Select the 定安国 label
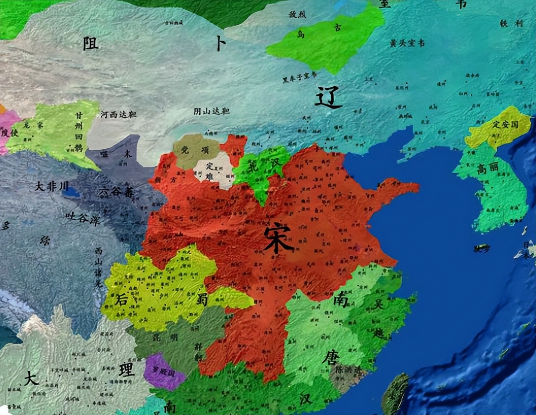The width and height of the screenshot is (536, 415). tap(506, 123)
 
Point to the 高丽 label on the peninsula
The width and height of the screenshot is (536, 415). tap(488, 167)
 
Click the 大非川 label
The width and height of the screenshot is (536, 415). tap(52, 186)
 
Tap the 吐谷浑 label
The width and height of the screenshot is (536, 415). tap(83, 218)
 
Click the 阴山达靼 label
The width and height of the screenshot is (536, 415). tap(212, 111)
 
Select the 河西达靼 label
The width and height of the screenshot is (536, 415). tap(119, 115)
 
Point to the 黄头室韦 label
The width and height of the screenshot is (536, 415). tap(407, 43)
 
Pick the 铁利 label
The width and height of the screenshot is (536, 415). tap(511, 24)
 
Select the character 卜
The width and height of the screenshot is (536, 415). tap(221, 44)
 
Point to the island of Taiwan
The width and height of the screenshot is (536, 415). tap(395, 394)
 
